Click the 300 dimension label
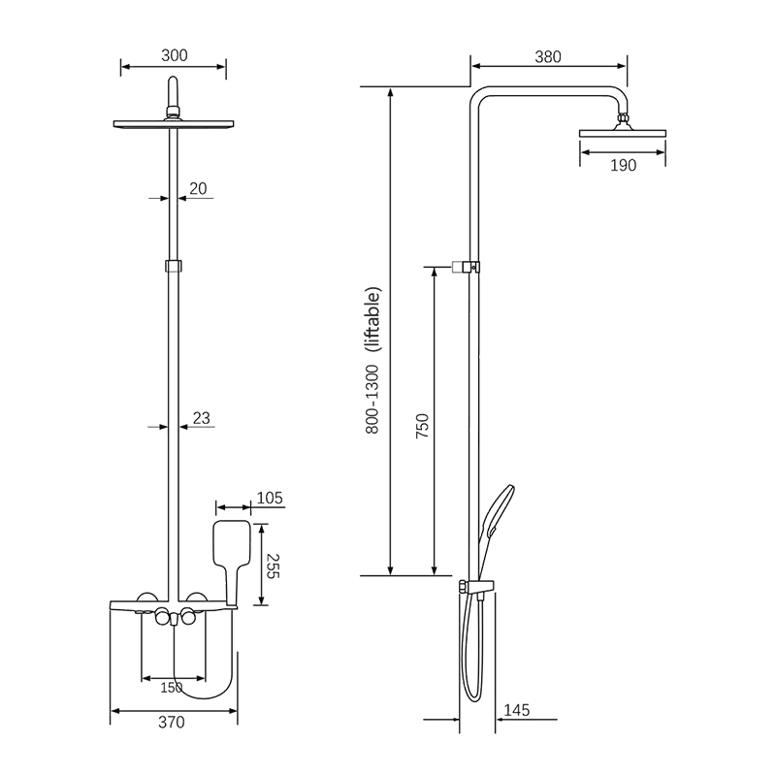pos(175,55)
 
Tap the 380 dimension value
pos(548,57)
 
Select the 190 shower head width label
pos(623,165)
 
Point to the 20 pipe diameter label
pos(198,188)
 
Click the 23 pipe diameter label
pos(202,419)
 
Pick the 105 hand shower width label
pos(270,498)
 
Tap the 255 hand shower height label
pos(273,566)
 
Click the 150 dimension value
pos(172,688)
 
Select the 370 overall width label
pos(172,723)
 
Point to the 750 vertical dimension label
pos(422,426)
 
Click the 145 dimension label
pos(517,710)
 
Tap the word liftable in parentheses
pos(373,320)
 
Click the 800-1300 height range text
pos(372,400)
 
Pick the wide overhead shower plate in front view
pos(174,124)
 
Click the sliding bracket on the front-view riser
pos(174,266)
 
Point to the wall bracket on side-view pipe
pos(466,267)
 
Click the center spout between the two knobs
pos(174,619)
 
